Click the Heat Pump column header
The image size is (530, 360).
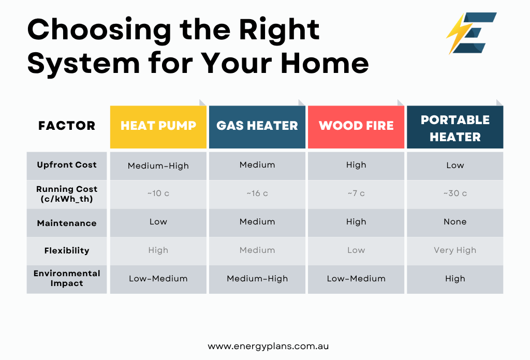pyautogui.click(x=158, y=127)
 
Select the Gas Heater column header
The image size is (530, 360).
pyautogui.click(x=257, y=127)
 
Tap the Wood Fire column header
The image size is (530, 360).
pyautogui.click(x=356, y=127)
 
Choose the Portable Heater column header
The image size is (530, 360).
pyautogui.click(x=455, y=127)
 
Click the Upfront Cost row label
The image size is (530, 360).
pyautogui.click(x=67, y=165)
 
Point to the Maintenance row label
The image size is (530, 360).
pyautogui.click(x=67, y=223)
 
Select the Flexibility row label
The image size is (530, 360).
pyautogui.click(x=67, y=250)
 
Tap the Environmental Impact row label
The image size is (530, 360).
pyautogui.click(x=67, y=278)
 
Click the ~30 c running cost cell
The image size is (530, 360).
pyautogui.click(x=455, y=193)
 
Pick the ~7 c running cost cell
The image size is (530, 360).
pyautogui.click(x=356, y=193)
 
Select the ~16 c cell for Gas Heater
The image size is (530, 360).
pyautogui.click(x=257, y=193)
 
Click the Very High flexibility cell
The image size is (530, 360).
pyautogui.click(x=455, y=250)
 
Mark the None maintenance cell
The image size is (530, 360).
pyautogui.click(x=455, y=222)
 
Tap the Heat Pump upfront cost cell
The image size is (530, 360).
pyautogui.click(x=158, y=166)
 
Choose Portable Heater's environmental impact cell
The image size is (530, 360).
pyautogui.click(x=455, y=279)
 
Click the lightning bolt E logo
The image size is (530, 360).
pyautogui.click(x=472, y=33)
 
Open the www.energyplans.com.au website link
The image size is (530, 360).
pyautogui.click(x=268, y=347)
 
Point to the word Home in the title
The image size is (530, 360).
pyautogui.click(x=325, y=63)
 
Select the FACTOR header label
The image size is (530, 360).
pyautogui.click(x=67, y=126)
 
